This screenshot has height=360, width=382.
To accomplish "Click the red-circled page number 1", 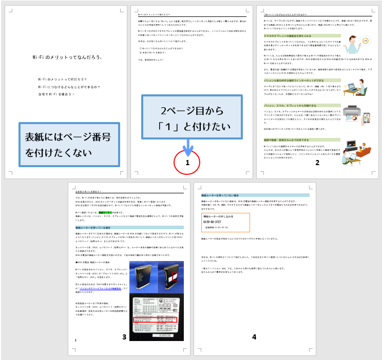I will pyautogui.click(x=187, y=163).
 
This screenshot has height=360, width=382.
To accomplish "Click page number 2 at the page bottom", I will pyautogui.click(x=317, y=163).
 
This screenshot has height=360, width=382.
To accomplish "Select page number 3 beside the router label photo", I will pyautogui.click(x=124, y=337).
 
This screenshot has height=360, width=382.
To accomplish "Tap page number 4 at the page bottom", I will pyautogui.click(x=254, y=337).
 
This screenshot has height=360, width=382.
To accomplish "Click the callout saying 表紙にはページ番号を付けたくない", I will pyautogui.click(x=68, y=145).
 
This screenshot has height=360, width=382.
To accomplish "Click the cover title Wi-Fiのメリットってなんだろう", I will pyautogui.click(x=66, y=58).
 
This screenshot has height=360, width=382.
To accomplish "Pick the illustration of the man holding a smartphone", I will pyautogui.click(x=352, y=45).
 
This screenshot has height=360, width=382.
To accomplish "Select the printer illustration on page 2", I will pyautogui.click(x=354, y=115).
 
